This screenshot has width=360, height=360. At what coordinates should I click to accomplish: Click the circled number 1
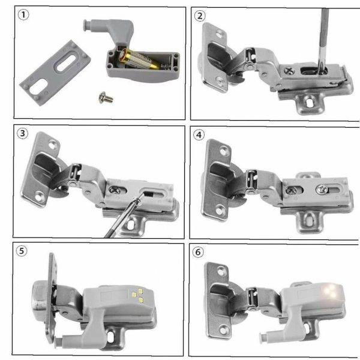click(x=23, y=15)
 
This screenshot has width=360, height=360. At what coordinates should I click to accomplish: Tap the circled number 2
click(x=200, y=16)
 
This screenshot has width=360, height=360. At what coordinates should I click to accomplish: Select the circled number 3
click(x=23, y=133)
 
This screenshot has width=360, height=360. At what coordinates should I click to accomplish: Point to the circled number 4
click(x=199, y=135)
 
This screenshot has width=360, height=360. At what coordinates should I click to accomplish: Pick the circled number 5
click(x=22, y=251)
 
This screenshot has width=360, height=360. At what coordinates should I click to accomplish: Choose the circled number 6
click(x=197, y=252)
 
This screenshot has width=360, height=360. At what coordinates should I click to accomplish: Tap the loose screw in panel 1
click(x=106, y=97)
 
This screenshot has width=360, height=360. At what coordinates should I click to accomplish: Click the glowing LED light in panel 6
click(x=331, y=291)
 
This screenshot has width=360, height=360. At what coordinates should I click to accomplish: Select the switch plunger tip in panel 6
click(x=262, y=337)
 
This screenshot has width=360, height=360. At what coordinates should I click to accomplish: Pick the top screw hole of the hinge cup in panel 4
click(x=224, y=152)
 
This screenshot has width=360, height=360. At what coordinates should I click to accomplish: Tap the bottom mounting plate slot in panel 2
click(x=310, y=102)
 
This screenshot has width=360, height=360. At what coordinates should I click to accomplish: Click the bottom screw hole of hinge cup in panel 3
click(x=40, y=197)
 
